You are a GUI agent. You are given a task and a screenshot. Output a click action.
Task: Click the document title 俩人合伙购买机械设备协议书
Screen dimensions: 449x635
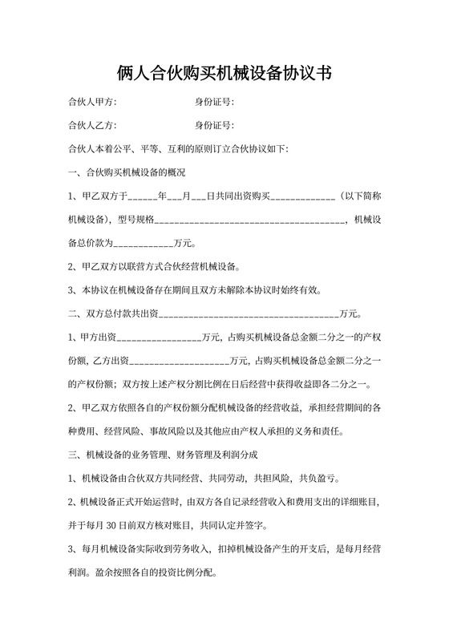(x=224, y=74)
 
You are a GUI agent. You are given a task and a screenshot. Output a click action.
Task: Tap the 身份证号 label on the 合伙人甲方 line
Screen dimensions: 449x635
(x=214, y=102)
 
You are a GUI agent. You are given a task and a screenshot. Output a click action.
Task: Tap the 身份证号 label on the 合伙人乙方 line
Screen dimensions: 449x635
(x=214, y=125)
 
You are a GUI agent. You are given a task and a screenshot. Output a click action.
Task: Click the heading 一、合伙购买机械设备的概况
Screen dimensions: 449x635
(x=127, y=172)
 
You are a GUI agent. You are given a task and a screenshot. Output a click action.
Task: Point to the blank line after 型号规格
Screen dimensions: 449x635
(x=249, y=220)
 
